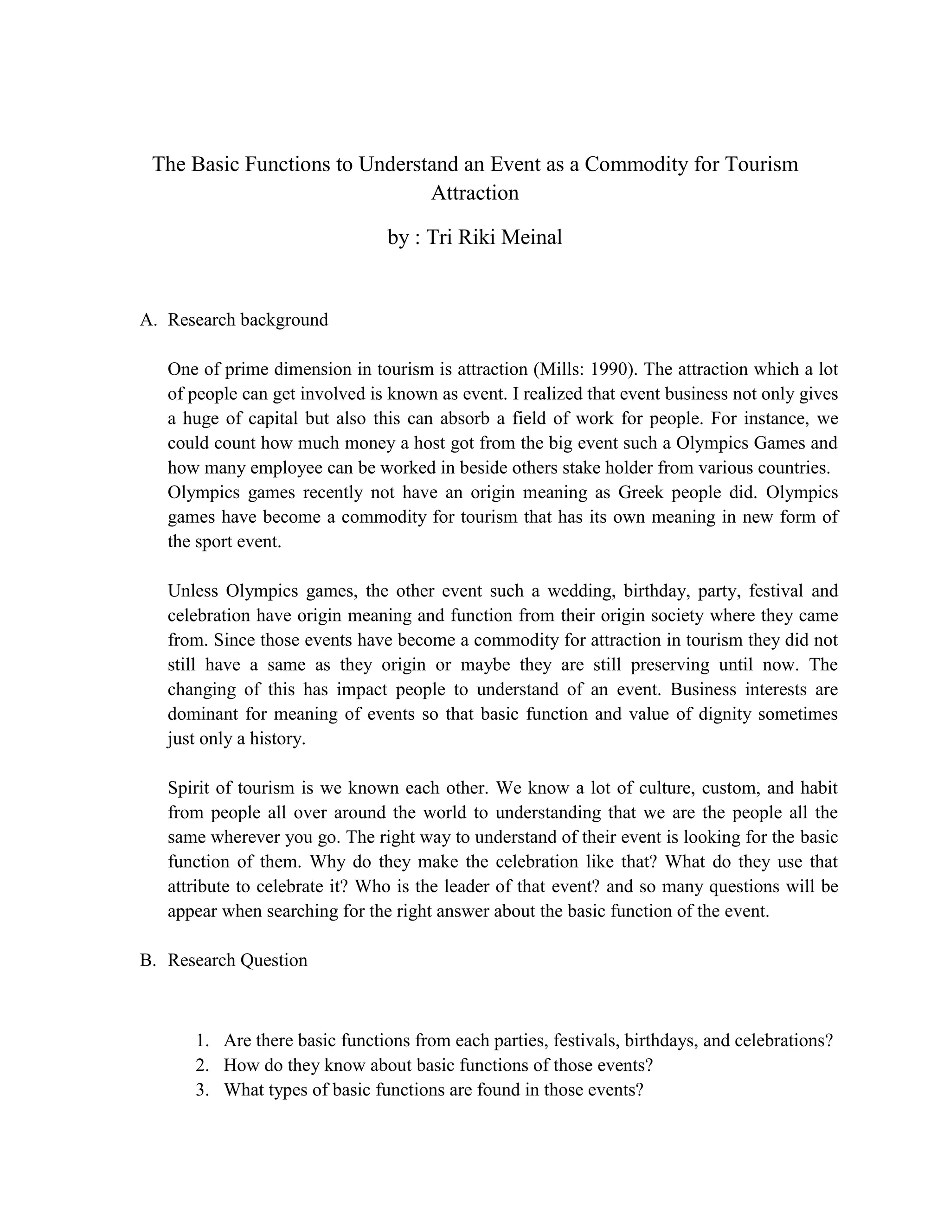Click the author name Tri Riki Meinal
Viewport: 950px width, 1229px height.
click(x=494, y=237)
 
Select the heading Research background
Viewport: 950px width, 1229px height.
click(x=248, y=320)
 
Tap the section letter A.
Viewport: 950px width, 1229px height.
click(x=147, y=320)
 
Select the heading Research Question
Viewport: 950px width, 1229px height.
click(x=237, y=960)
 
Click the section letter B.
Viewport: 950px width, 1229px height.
click(x=147, y=960)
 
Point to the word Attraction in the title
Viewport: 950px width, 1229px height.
click(x=475, y=193)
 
